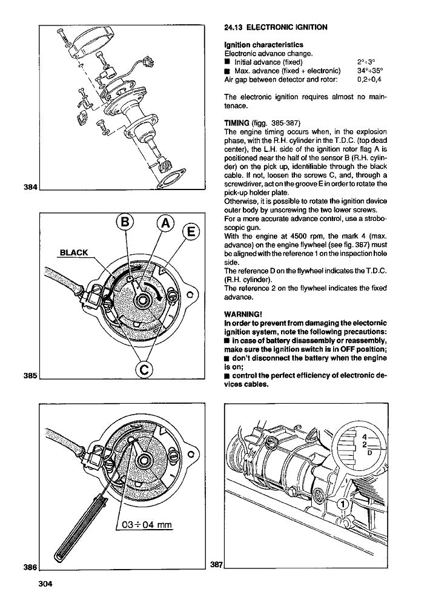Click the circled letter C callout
pyautogui.click(x=145, y=369)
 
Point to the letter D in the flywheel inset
pyautogui.click(x=369, y=452)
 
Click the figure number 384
pyautogui.click(x=30, y=187)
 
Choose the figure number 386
pyautogui.click(x=30, y=567)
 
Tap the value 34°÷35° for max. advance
pyautogui.click(x=370, y=70)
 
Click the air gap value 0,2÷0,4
pyautogui.click(x=371, y=79)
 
